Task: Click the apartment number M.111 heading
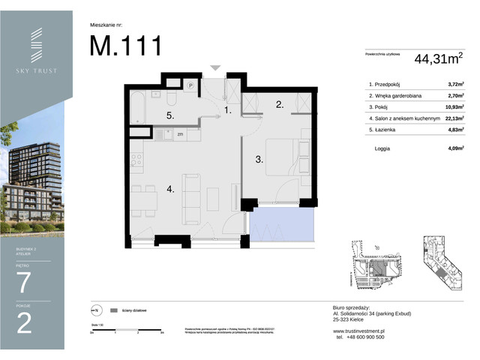click(125, 46)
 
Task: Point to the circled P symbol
click(191, 85)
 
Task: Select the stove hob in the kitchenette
click(137, 159)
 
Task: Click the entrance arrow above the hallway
click(215, 68)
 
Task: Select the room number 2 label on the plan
click(278, 105)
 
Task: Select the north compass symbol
click(95, 310)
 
